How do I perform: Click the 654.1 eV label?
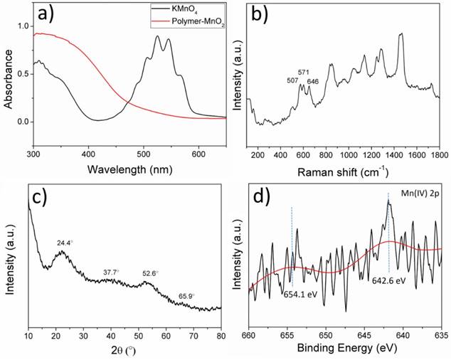[299, 292]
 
